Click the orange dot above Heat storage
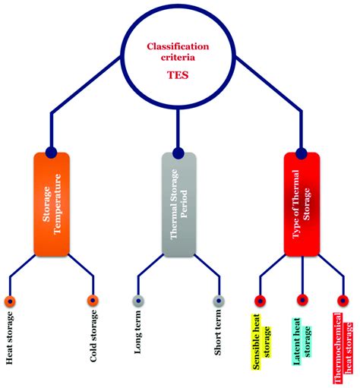[10, 301]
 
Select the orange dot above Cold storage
[93, 301]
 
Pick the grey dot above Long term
[138, 301]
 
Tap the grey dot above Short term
[219, 301]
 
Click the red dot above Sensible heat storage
[260, 301]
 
